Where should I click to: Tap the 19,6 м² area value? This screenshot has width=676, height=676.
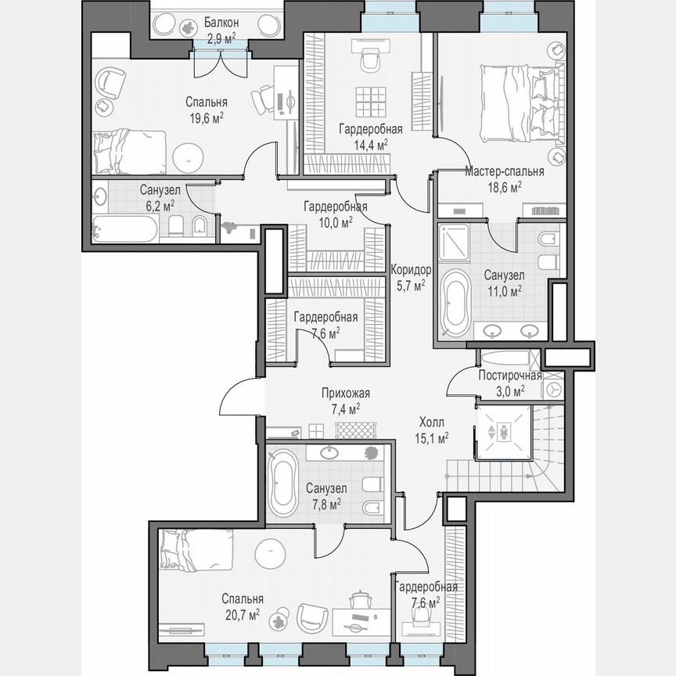pyautogui.click(x=206, y=118)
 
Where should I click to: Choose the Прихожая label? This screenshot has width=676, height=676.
pyautogui.click(x=344, y=394)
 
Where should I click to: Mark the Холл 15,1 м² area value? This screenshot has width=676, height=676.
pyautogui.click(x=431, y=438)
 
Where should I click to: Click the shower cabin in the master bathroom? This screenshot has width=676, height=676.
pyautogui.click(x=455, y=243)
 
